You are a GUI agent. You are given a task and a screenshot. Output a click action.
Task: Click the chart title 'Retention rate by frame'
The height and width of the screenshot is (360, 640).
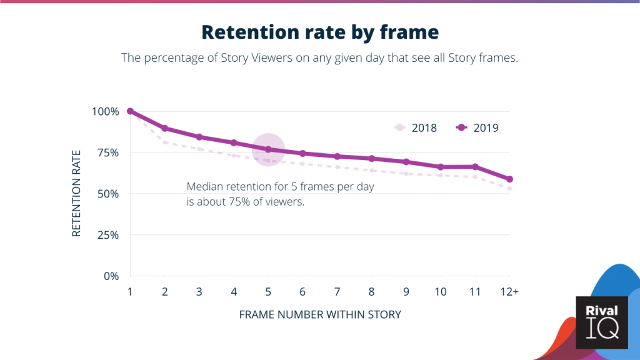click(x=319, y=32)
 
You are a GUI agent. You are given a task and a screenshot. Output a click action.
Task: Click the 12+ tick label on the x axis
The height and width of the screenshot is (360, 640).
click(x=510, y=292)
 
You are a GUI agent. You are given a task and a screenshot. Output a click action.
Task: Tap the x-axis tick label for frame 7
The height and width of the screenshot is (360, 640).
click(x=337, y=292)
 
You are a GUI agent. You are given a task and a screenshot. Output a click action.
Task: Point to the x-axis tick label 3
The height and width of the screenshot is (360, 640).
click(x=199, y=292)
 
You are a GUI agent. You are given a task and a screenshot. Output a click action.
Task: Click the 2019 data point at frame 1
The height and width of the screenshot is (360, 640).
click(x=130, y=111)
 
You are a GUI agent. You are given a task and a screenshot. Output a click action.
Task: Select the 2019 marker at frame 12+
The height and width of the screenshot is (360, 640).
click(x=510, y=179)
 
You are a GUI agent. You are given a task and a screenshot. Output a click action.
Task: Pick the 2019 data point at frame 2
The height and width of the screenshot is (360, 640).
click(x=164, y=128)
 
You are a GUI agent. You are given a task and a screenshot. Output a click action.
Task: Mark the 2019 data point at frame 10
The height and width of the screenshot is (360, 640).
click(x=441, y=167)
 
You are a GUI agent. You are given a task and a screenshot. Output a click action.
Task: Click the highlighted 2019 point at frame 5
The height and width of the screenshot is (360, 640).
click(x=268, y=149)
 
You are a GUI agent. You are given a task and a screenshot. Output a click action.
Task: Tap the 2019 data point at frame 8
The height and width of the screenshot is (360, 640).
click(x=372, y=158)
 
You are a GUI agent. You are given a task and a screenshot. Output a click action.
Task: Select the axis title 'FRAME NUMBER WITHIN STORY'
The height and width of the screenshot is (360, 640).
click(x=319, y=314)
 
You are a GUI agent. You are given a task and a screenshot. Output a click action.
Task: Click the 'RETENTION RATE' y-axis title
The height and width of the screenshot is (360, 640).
click(x=76, y=194)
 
